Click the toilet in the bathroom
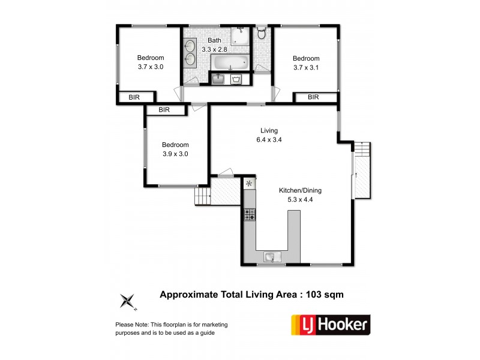(261, 35)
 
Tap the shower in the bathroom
(241, 36)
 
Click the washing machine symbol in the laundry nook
(236, 79)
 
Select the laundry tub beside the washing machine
(218, 79)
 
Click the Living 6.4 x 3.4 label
(268, 135)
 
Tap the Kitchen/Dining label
(297, 191)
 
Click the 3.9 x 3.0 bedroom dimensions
(175, 154)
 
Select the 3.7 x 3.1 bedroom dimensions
(306, 67)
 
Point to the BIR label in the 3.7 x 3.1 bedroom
(313, 97)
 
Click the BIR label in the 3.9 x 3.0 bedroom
(164, 110)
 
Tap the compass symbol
(128, 301)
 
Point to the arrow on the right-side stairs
(356, 175)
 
